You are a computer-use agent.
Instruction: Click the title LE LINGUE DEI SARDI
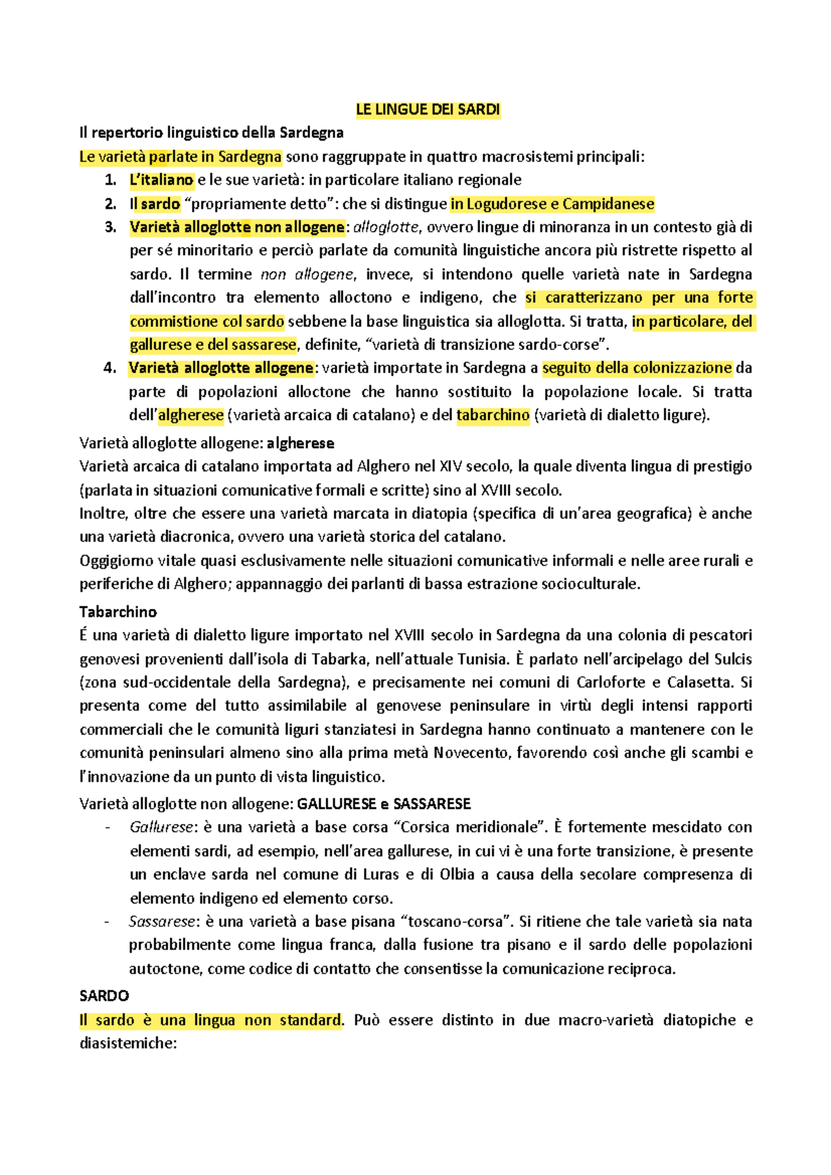427,109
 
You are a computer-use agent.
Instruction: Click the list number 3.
110,227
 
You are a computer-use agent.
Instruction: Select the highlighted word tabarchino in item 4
493,415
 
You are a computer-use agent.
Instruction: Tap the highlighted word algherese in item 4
191,415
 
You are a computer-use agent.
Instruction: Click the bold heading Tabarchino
118,612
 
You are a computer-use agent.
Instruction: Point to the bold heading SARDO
104,996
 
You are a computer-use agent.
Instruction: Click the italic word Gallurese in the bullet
161,827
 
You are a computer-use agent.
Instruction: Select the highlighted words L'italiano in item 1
161,180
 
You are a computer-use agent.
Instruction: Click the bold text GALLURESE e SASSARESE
384,803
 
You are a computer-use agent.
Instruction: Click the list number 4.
110,368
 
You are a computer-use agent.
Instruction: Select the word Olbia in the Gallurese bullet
457,875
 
